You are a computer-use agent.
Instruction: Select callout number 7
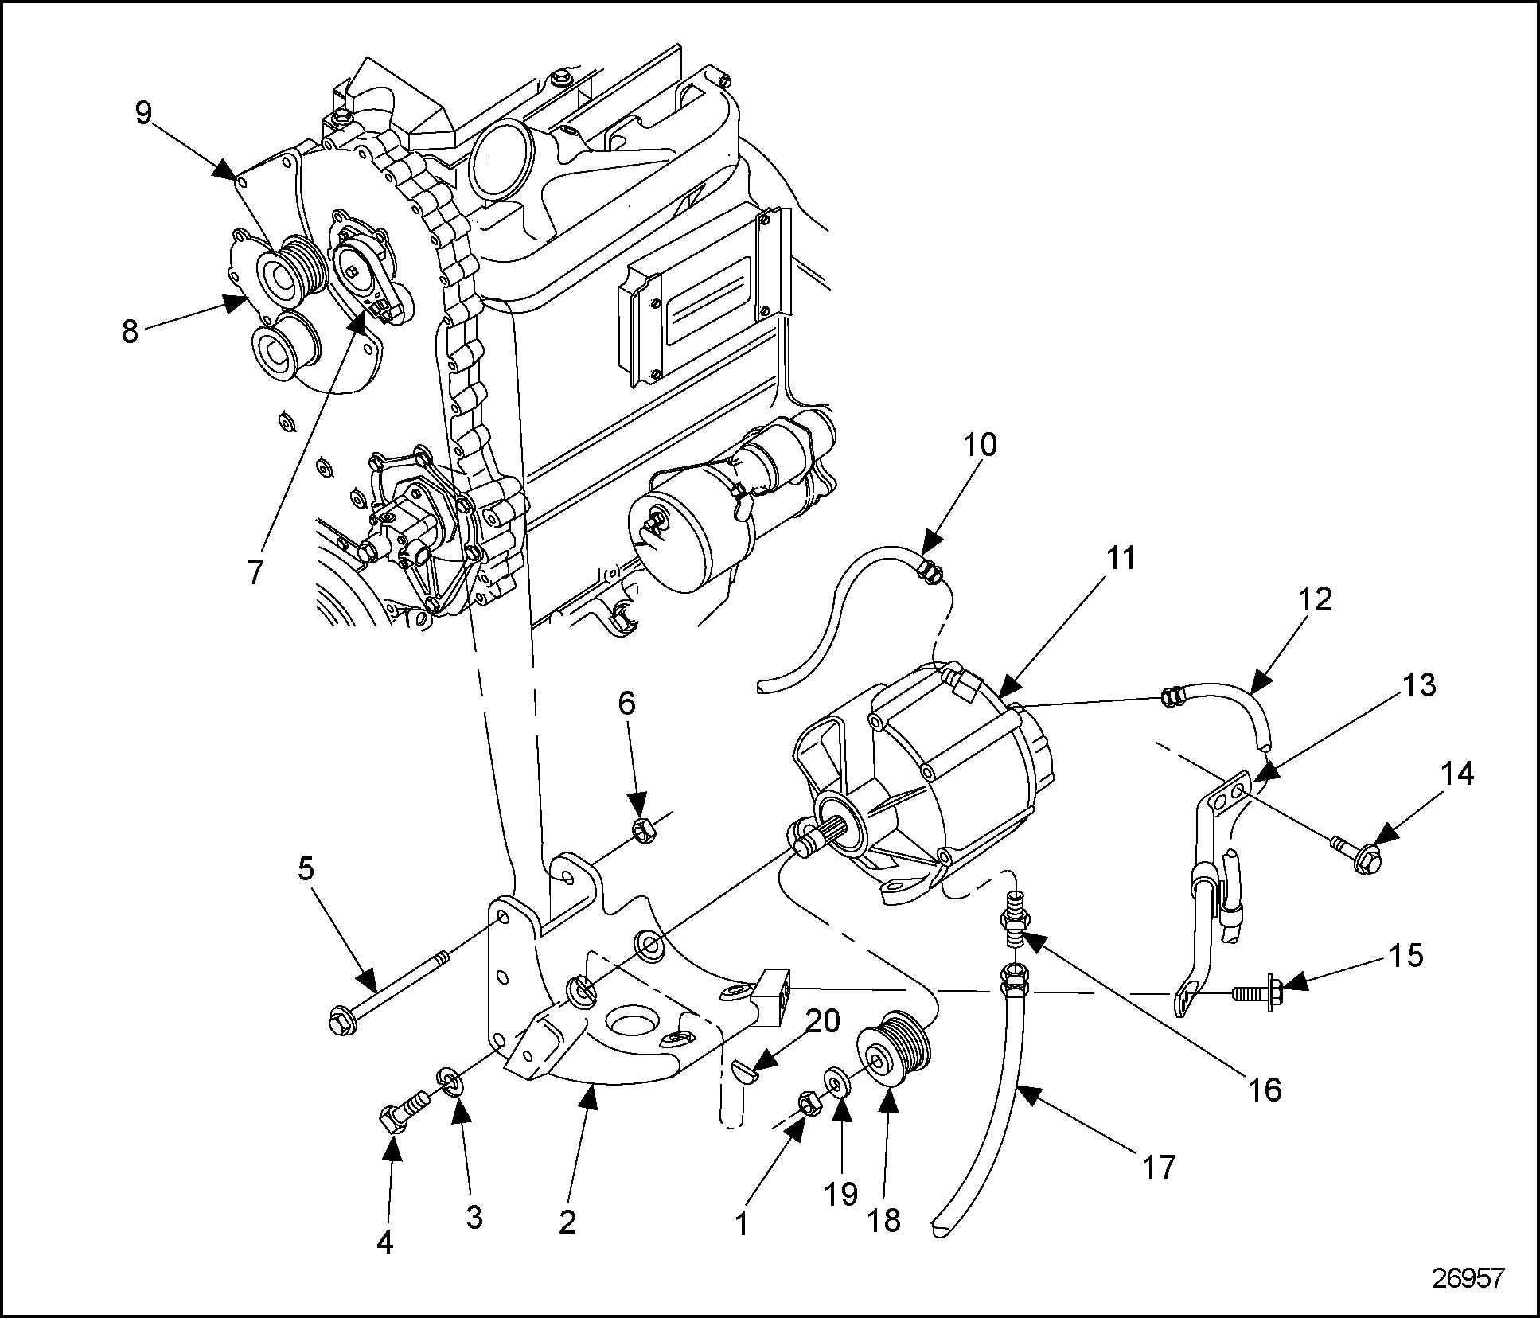pos(255,572)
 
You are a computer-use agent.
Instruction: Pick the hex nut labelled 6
pos(641,832)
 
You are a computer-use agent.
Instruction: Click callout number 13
pos(1418,686)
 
